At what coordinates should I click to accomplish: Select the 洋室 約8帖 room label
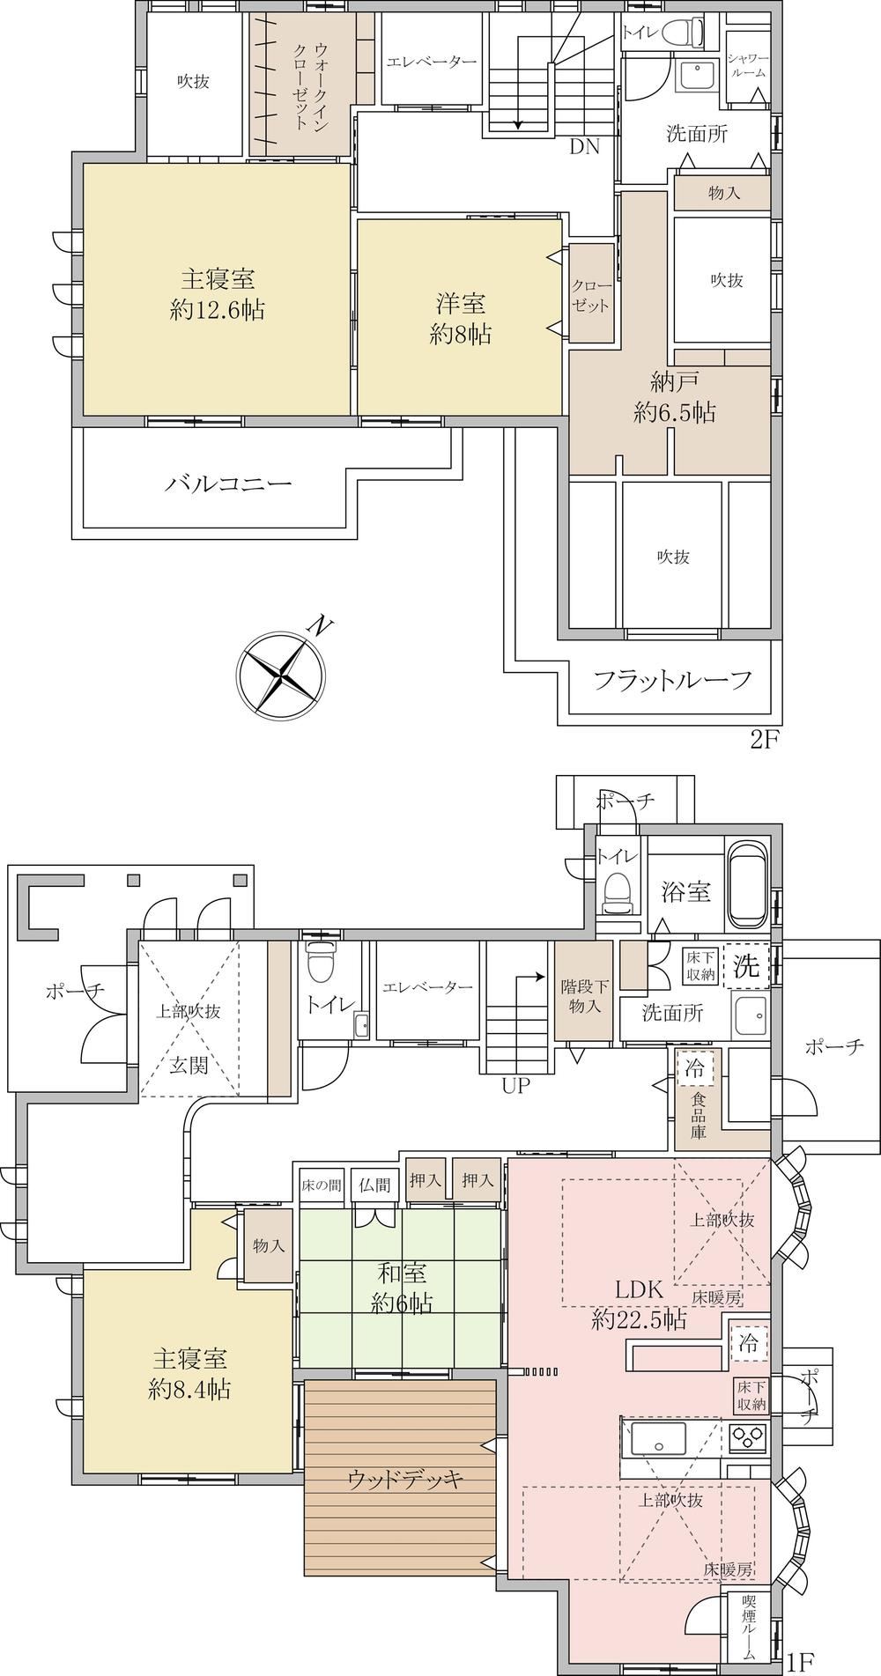click(x=461, y=319)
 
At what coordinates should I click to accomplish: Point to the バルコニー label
click(x=228, y=484)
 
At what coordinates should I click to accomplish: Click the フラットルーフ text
click(x=673, y=680)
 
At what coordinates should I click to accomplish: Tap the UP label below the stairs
click(x=516, y=1086)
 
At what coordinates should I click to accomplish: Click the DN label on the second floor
click(x=584, y=147)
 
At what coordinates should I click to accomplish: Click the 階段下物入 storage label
click(x=580, y=995)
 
